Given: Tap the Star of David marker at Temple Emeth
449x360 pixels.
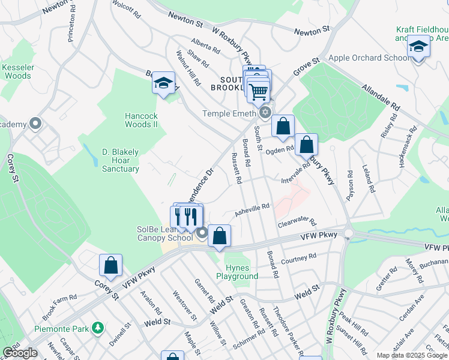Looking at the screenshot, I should (x=265, y=113).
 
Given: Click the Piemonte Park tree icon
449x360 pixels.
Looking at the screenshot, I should (x=97, y=328).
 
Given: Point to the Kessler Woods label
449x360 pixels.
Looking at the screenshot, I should (x=17, y=71).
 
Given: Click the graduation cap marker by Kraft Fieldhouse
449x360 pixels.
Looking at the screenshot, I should (x=418, y=46).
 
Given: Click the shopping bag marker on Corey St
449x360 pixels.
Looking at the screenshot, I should (x=110, y=265).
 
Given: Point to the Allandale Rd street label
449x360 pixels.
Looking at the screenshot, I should (x=381, y=96).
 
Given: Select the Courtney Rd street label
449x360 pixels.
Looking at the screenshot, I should (x=298, y=259).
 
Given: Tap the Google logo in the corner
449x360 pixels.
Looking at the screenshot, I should (x=20, y=353).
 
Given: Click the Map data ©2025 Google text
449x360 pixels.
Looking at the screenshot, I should (x=411, y=355).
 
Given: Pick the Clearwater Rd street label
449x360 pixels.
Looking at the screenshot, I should (x=297, y=223).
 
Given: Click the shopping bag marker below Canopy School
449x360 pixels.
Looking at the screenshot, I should (x=220, y=236).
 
